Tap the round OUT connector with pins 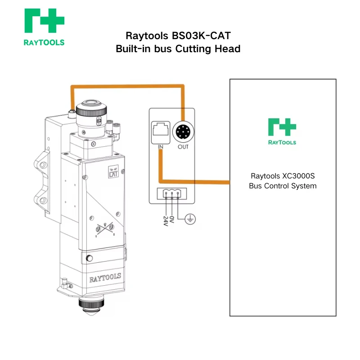[183, 132]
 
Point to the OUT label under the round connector [183, 147]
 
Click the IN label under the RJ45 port [160, 147]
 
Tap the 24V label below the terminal [165, 220]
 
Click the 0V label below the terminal [172, 218]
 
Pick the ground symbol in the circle [191, 219]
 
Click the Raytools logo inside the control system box [282, 131]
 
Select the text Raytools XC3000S [282, 176]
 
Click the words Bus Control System [282, 186]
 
